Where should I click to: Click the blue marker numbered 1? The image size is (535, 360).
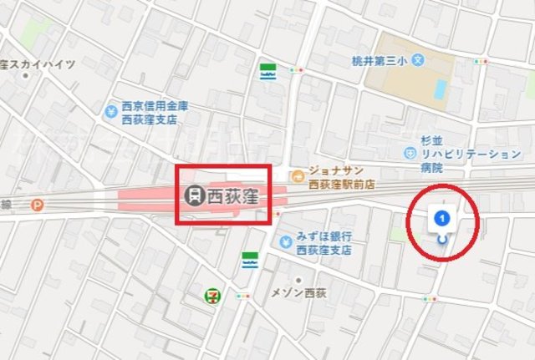click(x=443, y=219)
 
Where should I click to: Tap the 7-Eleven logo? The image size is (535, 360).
click(x=215, y=295)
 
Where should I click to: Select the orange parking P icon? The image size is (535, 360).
click(x=36, y=204)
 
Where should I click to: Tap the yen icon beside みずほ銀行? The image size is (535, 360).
click(x=287, y=242)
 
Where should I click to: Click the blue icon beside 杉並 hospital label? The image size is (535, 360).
click(x=410, y=154)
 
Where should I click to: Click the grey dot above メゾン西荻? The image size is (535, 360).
click(x=298, y=280)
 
